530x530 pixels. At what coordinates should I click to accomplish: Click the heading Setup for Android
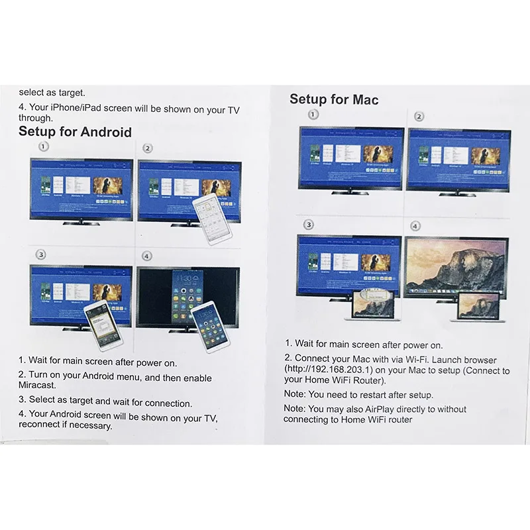(x=75, y=131)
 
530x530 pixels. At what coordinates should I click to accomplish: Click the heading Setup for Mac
(x=334, y=99)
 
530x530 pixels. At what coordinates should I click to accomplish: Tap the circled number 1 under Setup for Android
(x=44, y=147)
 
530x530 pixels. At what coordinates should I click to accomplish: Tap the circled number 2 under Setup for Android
(x=148, y=148)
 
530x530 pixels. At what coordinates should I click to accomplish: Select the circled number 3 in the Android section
(x=41, y=254)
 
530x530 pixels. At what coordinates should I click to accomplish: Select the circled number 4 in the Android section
(x=147, y=256)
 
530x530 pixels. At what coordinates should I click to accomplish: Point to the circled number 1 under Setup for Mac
(x=313, y=115)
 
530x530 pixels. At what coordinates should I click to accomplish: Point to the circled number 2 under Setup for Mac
(x=419, y=117)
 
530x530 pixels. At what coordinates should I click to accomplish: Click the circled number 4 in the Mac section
(x=415, y=226)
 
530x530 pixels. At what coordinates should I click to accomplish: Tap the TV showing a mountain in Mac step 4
(x=456, y=268)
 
